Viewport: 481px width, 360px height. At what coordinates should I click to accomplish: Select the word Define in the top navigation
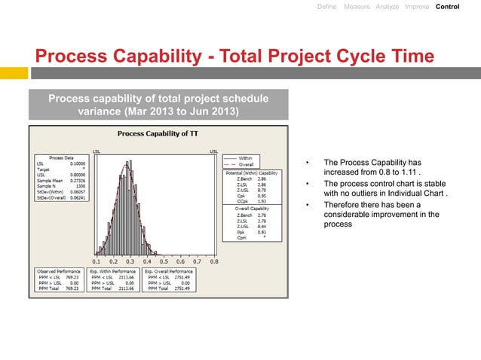(326, 7)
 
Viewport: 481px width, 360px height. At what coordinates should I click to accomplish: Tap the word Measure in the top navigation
(356, 7)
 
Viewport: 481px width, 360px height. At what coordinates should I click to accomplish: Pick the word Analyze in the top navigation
(387, 7)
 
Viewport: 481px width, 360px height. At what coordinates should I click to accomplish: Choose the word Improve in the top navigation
(417, 7)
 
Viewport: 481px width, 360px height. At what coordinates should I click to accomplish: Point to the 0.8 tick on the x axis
(214, 261)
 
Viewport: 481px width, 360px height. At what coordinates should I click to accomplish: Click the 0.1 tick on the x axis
(97, 261)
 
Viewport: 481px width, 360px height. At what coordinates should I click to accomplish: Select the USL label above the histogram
(213, 150)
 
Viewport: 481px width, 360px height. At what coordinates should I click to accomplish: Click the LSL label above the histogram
(97, 150)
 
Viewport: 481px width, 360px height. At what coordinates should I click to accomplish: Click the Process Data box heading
(61, 158)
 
